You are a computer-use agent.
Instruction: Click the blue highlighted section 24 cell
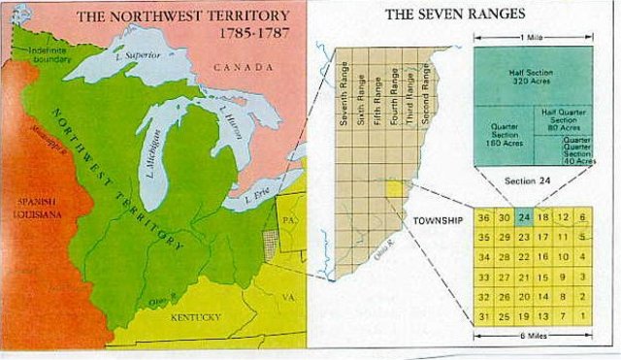coord(525,218)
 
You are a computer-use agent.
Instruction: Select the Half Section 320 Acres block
coord(529,77)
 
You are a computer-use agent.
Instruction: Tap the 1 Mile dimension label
coord(533,36)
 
